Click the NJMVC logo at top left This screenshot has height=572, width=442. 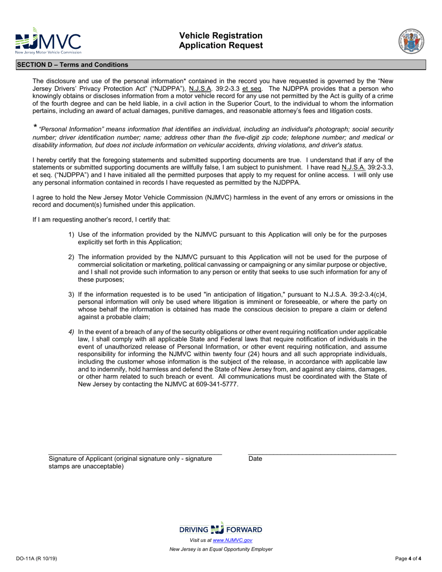48,44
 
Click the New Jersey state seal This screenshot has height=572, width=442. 411,41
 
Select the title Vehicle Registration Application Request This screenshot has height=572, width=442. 221,40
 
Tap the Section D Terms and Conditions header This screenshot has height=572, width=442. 73,65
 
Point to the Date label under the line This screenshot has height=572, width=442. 255,459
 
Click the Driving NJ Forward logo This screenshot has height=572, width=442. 221,529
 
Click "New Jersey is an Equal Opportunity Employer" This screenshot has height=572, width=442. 221,549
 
